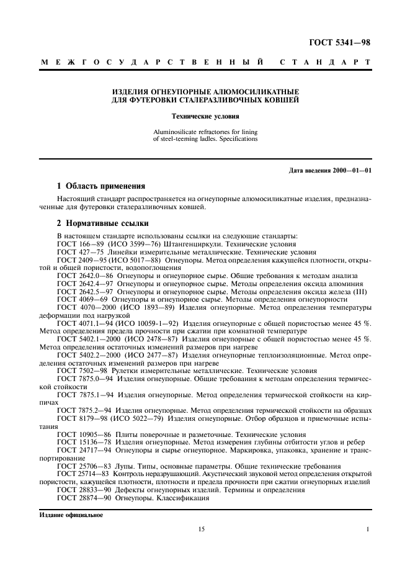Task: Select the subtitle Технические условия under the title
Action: click(205, 115)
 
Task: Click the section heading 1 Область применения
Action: click(100, 186)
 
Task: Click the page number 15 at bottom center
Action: click(202, 529)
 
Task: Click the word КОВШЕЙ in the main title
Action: click(281, 99)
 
